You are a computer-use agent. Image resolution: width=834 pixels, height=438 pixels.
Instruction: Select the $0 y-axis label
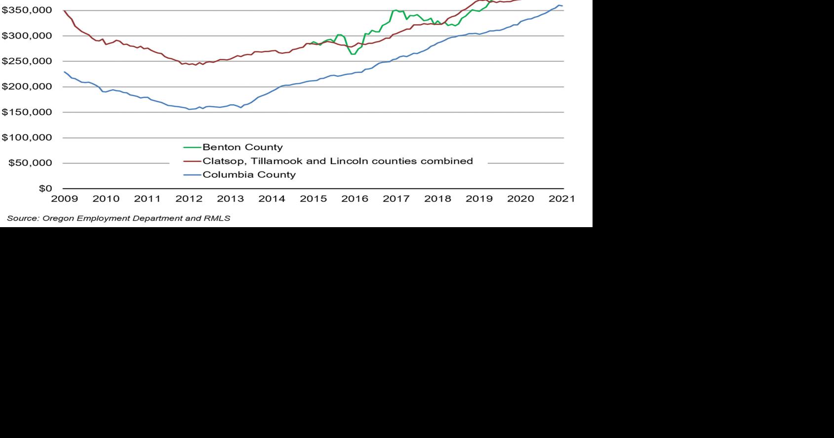[x=45, y=189]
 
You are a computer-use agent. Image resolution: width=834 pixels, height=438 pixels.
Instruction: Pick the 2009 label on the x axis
[x=64, y=199]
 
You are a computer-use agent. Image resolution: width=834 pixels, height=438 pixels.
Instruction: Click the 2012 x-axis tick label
[x=189, y=199]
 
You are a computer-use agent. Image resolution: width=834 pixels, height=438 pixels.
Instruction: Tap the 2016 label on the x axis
[x=355, y=199]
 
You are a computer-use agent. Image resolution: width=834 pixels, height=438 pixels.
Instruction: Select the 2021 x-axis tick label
[x=562, y=199]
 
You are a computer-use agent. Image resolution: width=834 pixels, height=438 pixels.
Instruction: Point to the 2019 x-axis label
[x=479, y=199]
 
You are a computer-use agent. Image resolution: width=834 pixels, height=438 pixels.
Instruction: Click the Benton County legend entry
[x=242, y=147]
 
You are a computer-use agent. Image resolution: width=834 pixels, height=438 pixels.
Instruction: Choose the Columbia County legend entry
[x=249, y=175]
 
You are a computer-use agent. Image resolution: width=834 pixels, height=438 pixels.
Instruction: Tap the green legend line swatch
[x=192, y=148]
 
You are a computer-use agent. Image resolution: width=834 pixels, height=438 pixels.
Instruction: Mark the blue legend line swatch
[x=192, y=175]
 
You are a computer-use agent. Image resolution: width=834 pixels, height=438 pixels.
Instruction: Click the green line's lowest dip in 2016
[x=353, y=54]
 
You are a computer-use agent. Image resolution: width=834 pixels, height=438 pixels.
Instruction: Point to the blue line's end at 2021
[x=562, y=6]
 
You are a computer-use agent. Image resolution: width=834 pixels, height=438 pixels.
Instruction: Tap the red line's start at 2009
[x=65, y=10]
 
